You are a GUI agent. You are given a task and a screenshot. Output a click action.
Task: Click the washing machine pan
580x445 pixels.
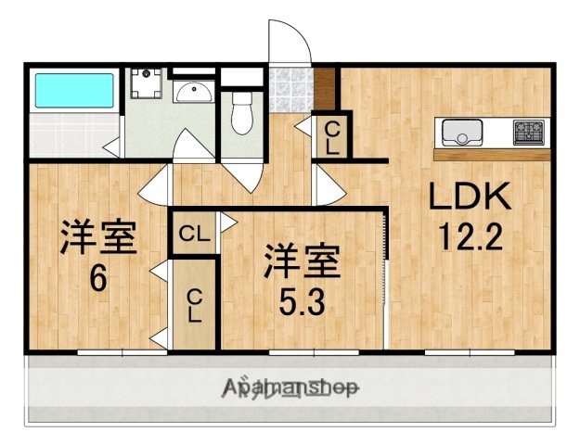(147, 85)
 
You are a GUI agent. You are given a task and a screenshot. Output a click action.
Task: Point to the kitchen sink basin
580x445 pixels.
(461, 133)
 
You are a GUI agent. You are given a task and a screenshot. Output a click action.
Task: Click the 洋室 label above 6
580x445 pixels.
(98, 237)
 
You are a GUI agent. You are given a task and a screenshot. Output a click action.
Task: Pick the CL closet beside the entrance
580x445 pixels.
(330, 136)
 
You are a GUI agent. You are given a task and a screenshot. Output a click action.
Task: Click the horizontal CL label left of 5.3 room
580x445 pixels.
(193, 233)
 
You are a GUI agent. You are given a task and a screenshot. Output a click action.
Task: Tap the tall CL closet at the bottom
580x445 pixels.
(194, 304)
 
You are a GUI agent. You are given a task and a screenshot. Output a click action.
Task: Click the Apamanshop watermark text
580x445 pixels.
(290, 388)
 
